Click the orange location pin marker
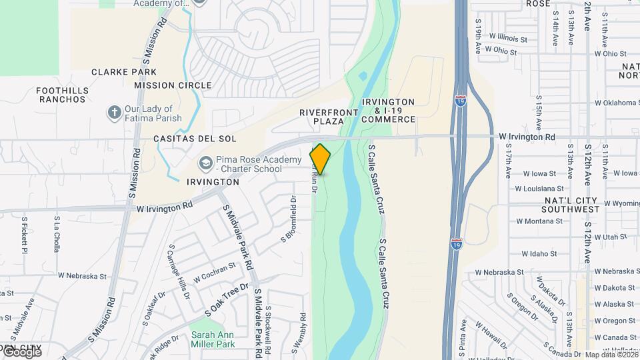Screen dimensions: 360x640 [x=321, y=159]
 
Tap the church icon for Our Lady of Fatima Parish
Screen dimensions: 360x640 [x=114, y=113]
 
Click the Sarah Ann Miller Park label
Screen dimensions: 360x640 [x=213, y=339]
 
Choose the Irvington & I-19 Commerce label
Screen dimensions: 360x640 [x=389, y=111]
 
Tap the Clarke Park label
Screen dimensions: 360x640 [x=124, y=72]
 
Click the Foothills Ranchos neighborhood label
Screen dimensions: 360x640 [x=62, y=95]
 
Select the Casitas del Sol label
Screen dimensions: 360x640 [x=186, y=139]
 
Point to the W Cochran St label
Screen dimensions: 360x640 [x=214, y=271]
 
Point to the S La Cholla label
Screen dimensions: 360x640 [x=57, y=233]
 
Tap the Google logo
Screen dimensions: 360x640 [x=22, y=351]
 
